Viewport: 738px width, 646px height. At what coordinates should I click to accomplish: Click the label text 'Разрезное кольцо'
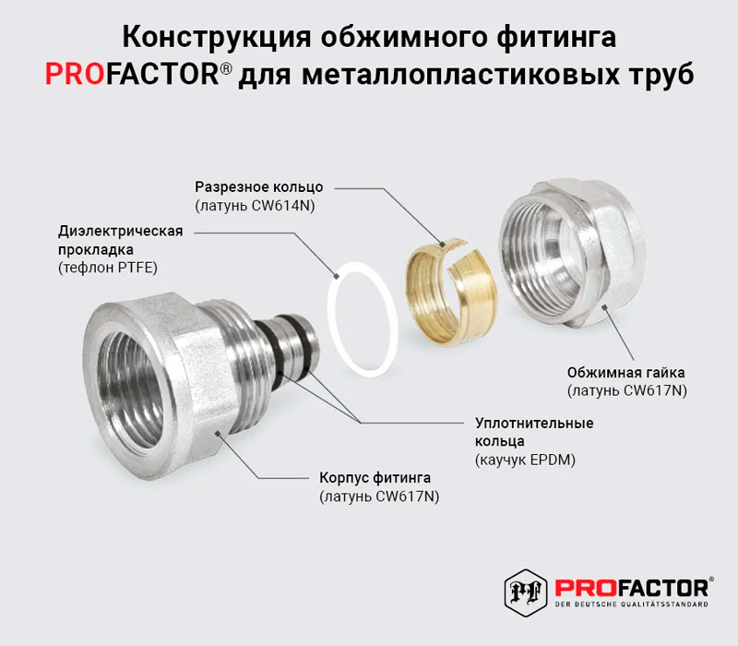coord(259,187)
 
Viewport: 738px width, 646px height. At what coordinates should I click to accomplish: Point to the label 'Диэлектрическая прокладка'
coord(121,240)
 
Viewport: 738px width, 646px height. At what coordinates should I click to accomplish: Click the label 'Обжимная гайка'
coord(625,373)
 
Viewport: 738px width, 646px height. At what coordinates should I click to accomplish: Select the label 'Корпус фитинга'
coord(375,478)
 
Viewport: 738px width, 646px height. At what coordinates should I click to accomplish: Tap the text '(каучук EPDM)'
coord(525,460)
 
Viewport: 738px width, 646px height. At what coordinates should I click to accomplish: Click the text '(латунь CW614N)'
coord(256,206)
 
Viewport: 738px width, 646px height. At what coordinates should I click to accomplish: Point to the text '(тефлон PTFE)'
coord(108,268)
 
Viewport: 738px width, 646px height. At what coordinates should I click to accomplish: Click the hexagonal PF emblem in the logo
coord(526,592)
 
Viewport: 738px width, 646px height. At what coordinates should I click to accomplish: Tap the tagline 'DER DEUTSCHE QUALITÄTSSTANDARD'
coord(632,604)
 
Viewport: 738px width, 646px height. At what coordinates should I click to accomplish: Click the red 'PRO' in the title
coord(75,75)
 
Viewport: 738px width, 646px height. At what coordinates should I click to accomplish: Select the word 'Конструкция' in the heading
coord(217,37)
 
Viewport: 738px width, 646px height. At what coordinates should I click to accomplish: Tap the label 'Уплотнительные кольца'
coord(534,432)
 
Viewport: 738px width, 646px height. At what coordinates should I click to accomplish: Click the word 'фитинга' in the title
coord(556,37)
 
